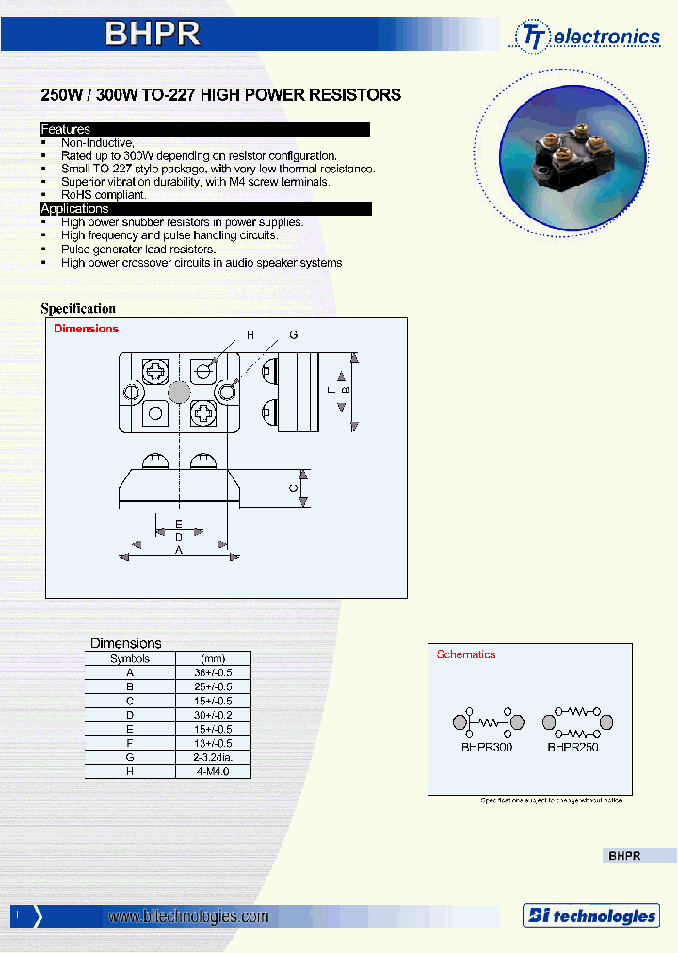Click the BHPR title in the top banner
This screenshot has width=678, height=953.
(x=153, y=34)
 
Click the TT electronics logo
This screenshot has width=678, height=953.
(x=588, y=37)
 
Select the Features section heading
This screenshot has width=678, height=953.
(x=66, y=129)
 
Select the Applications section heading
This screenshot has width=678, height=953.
(x=74, y=208)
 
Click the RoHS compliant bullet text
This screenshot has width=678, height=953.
(x=104, y=195)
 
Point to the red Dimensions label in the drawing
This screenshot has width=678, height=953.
(x=87, y=329)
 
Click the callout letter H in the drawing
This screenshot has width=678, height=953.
(x=250, y=335)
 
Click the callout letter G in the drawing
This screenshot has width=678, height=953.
(x=294, y=335)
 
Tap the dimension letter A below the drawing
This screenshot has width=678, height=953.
(x=179, y=550)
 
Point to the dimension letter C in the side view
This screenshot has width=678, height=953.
(x=294, y=488)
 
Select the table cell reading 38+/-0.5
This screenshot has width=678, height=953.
(x=213, y=673)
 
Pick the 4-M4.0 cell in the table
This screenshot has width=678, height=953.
(x=213, y=771)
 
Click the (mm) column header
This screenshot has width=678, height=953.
(x=213, y=659)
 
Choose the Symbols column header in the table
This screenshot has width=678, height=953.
(x=130, y=659)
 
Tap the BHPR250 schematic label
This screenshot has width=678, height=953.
(x=573, y=747)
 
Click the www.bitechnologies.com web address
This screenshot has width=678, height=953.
(x=188, y=916)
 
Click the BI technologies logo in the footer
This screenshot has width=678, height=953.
(x=590, y=915)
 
